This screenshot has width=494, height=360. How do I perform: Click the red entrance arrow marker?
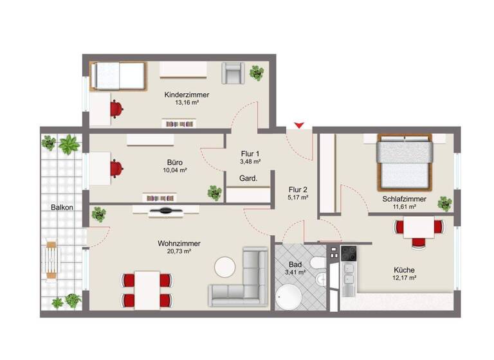tap(298, 125)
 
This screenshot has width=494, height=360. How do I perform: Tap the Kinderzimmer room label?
tap(187, 94)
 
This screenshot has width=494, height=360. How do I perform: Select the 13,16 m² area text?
tap(187, 103)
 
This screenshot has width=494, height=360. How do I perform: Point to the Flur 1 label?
tap(250, 154)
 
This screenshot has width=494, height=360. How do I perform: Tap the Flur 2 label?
tap(298, 189)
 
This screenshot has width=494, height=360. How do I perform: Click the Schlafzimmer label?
tap(404, 199)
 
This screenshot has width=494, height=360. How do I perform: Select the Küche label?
tap(405, 270)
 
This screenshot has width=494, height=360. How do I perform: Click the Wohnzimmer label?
tap(179, 244)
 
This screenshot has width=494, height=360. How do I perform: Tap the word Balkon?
tap(62, 208)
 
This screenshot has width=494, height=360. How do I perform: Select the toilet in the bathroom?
tap(316, 264)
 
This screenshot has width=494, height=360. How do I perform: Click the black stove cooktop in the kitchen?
tap(347, 253)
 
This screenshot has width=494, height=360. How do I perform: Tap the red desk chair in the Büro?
tap(116, 168)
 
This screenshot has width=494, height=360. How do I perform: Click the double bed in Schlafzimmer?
tap(403, 161)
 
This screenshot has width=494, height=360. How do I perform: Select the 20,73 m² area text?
tap(179, 253)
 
